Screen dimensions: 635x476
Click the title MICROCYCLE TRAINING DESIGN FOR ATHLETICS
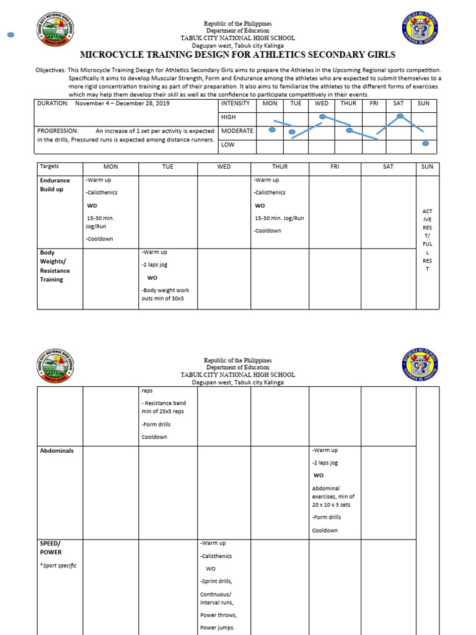(239, 55)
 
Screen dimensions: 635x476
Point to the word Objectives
(50, 71)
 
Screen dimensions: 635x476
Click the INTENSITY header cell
(235, 103)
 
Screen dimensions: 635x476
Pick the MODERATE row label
(237, 131)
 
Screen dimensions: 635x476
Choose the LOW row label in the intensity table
(229, 144)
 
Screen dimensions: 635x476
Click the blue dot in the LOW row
(425, 144)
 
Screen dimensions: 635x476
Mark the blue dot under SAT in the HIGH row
(400, 116)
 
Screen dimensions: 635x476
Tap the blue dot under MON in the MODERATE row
(271, 130)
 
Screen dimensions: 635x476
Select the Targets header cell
(49, 167)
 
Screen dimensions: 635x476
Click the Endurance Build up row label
(55, 185)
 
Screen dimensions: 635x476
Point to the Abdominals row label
(56, 451)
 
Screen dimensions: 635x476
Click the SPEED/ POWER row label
(51, 548)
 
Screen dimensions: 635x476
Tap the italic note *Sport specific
(58, 566)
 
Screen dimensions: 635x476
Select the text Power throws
(218, 615)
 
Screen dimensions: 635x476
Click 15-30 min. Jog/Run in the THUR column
(280, 218)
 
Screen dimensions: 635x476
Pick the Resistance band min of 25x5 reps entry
(163, 407)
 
